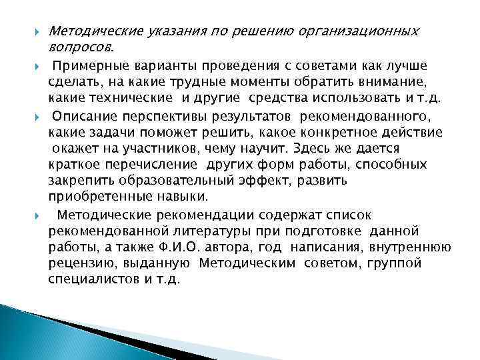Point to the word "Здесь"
click(305, 147)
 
